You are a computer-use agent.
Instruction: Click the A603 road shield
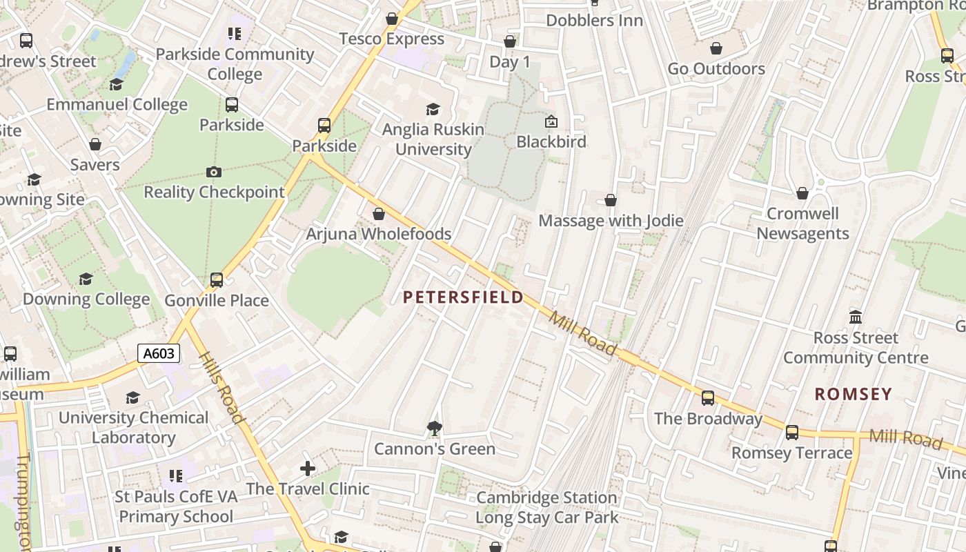coord(159,354)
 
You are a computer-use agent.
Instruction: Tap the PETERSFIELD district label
coord(463,297)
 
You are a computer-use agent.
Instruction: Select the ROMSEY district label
coord(854,394)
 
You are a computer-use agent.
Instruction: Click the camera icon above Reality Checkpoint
coord(214,172)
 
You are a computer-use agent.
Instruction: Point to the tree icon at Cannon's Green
coord(434,428)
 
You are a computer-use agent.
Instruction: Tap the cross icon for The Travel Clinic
coord(308,469)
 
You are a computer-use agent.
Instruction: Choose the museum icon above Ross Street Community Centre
coord(856,317)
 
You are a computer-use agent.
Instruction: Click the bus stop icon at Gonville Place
coord(217,280)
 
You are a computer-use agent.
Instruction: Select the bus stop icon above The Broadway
coord(708,398)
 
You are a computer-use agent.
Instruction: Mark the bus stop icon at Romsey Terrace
coord(792,433)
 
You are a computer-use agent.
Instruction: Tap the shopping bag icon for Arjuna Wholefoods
coord(379,214)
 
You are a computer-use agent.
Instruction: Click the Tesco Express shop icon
coord(392,19)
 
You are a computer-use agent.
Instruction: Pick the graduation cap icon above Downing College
coord(86,279)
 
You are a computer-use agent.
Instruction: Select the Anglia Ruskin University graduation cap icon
coord(433,109)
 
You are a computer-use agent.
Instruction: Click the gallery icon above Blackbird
coord(551,121)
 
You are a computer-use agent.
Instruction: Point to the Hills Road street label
coord(222,388)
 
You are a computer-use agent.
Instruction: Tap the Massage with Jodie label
coord(611,221)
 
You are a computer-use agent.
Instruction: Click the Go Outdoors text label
coord(716,69)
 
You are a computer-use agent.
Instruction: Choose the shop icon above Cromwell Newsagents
coord(802,193)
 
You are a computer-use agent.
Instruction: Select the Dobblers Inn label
coord(594,21)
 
